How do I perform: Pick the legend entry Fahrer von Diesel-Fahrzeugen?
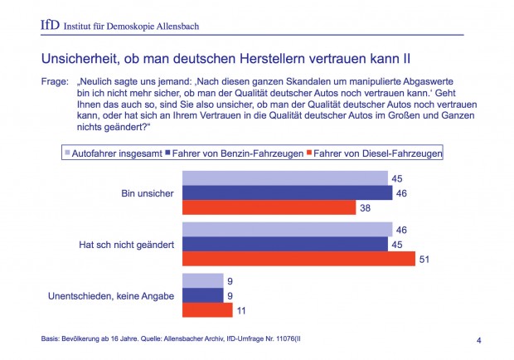tap(374, 153)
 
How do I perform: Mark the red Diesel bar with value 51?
tap(298, 259)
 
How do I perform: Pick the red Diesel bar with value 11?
tap(206, 310)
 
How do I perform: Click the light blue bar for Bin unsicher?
tap(284, 178)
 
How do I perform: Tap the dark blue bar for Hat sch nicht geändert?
tap(284, 244)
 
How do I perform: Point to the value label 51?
tap(424, 259)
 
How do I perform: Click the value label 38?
tap(365, 207)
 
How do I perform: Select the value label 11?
tap(241, 310)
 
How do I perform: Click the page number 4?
tap(480, 339)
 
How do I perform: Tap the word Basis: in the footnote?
tap(52, 339)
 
